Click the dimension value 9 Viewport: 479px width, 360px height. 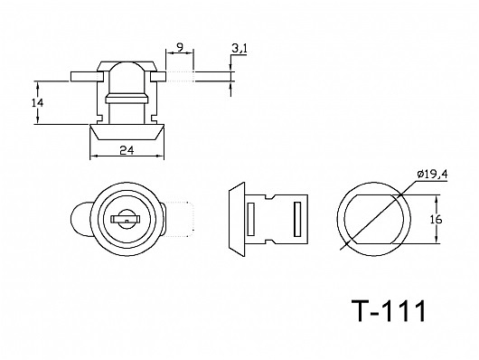181,47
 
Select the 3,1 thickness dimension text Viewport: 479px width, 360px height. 239,46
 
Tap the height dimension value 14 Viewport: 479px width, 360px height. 36,103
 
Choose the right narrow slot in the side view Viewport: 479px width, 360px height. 296,219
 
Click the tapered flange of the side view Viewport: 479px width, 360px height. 233,219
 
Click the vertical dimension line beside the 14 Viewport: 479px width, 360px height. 47,103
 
